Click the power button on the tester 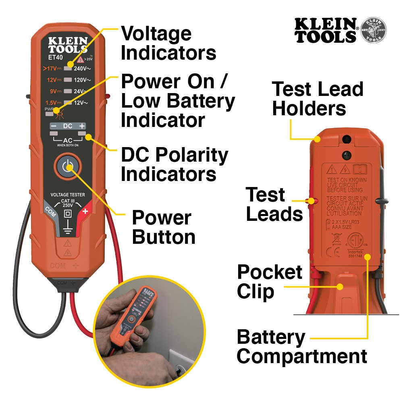pyautogui.click(x=68, y=166)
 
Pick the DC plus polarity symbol pyautogui.click(x=82, y=126)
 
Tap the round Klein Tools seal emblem pyautogui.click(x=373, y=30)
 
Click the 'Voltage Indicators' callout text pyautogui.click(x=168, y=43)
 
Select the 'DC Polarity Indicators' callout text pyautogui.click(x=174, y=164)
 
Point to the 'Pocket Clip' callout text pyautogui.click(x=269, y=282)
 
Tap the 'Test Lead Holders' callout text pyautogui.click(x=318, y=98)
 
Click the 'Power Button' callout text pyautogui.click(x=163, y=227)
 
